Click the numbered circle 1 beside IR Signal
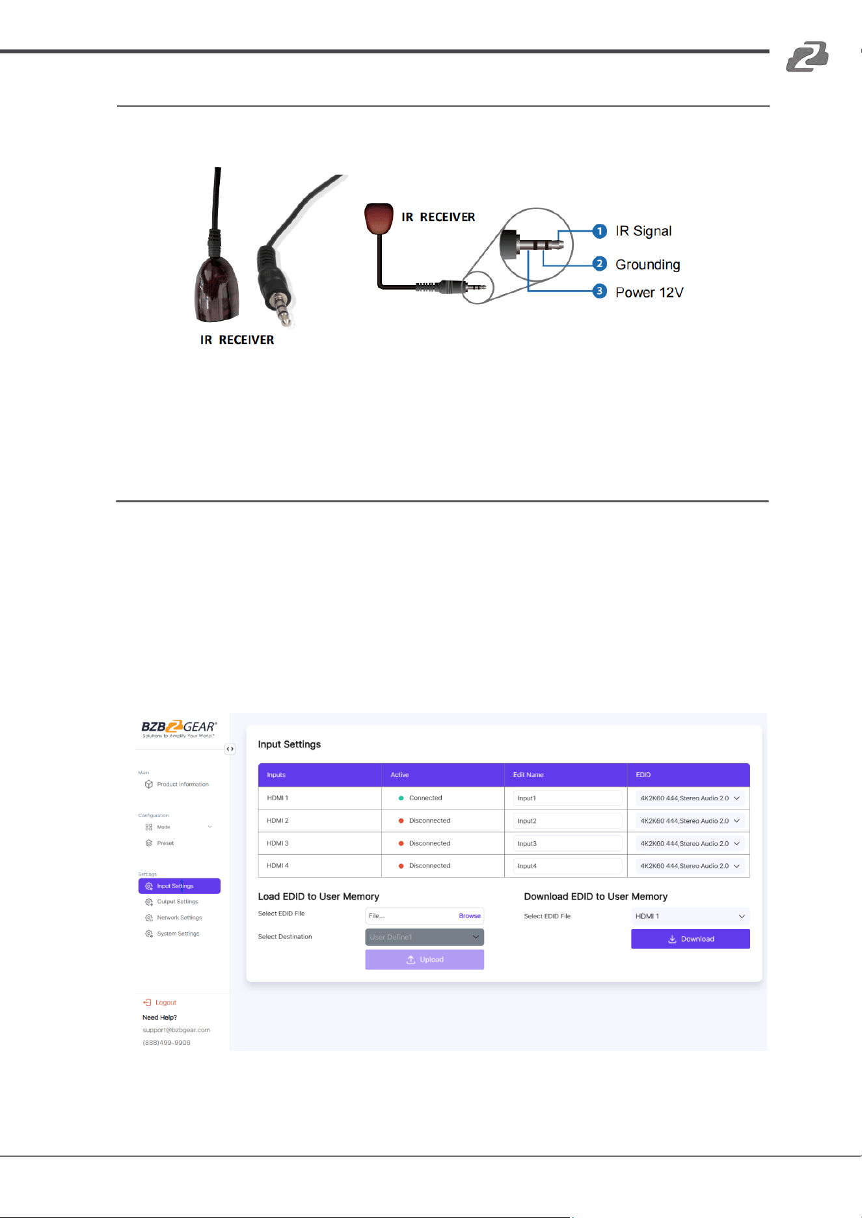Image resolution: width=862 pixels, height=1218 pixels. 600,231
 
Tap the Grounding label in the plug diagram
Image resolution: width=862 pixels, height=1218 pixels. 648,265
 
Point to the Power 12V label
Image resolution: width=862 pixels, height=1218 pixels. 649,293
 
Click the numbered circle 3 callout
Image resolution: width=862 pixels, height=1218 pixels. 600,291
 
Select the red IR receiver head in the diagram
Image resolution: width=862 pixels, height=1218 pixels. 379,219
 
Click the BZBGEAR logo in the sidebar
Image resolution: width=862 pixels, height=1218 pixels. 179,729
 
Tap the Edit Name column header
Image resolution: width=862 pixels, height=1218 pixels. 528,775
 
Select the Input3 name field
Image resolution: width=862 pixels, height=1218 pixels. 567,843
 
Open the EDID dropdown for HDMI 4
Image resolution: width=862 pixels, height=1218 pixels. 690,866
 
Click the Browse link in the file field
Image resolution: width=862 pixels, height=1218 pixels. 470,916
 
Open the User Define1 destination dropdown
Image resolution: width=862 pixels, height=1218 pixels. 425,937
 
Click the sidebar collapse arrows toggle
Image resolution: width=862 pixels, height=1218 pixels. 230,749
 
